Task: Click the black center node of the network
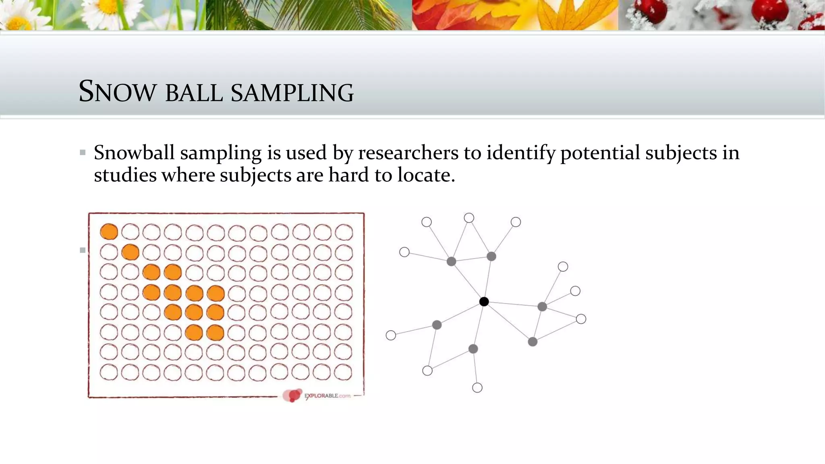tap(484, 301)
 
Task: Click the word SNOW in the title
tap(117, 91)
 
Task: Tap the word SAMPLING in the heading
tap(292, 92)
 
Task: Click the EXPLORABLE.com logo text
tap(328, 396)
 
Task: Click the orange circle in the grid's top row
tap(109, 232)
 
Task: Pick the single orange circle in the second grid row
tap(130, 253)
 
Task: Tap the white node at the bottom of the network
tap(477, 387)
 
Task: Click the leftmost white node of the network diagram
tap(391, 335)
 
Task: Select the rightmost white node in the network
tap(581, 319)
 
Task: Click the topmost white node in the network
tap(469, 218)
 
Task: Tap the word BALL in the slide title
tap(194, 92)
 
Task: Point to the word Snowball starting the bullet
tap(134, 153)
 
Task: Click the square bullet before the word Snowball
tap(83, 153)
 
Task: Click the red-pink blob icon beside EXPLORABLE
tap(292, 395)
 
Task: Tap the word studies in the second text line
tap(125, 175)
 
